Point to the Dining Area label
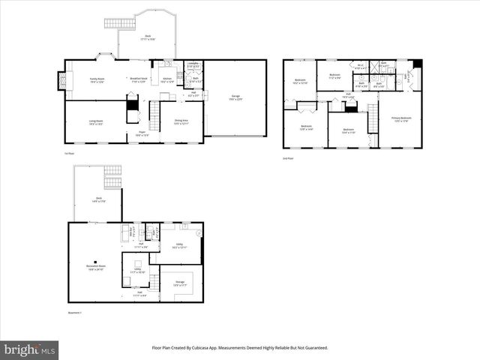coord(181,121)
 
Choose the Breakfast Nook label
coord(137,79)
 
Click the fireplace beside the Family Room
coord(61,81)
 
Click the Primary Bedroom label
coord(400,119)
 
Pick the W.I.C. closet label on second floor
coord(360,67)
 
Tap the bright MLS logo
coord(30,349)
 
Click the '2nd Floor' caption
coord(288,159)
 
